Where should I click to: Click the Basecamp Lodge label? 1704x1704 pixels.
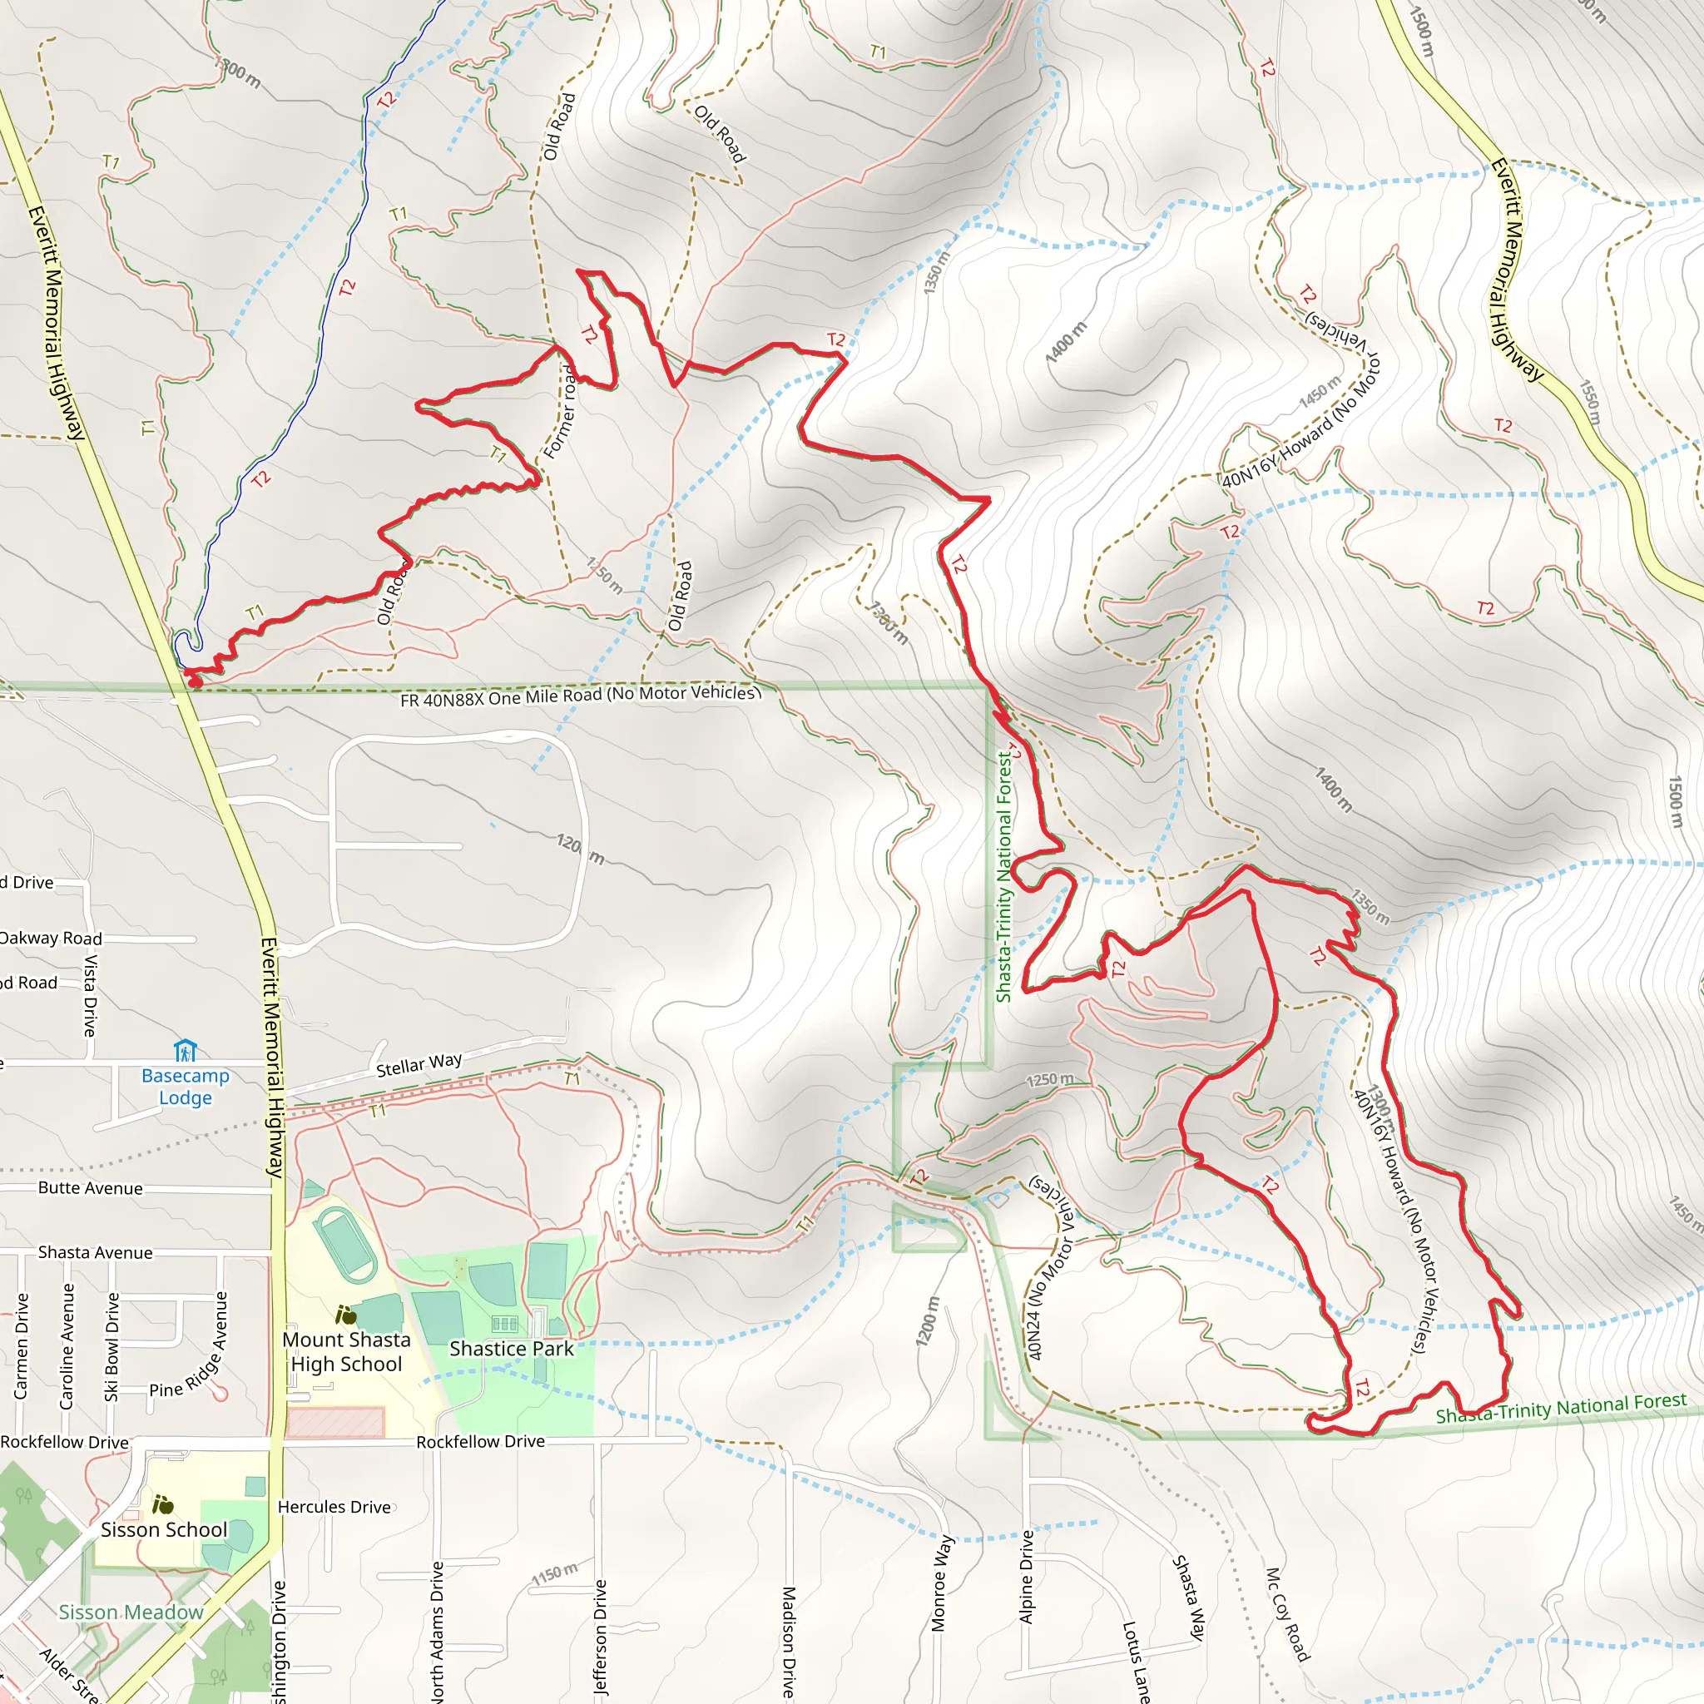(x=186, y=1087)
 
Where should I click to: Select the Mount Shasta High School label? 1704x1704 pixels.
(x=347, y=1351)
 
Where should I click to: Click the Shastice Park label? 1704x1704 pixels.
(x=512, y=1349)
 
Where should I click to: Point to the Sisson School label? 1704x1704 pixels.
(x=163, y=1529)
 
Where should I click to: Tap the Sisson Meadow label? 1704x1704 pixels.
(x=131, y=1612)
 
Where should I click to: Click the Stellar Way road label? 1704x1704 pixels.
(x=419, y=1064)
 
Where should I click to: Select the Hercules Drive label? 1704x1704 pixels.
(x=334, y=1507)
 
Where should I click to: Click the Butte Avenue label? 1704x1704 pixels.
(x=90, y=1188)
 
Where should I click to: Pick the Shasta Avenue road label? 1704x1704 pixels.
(x=95, y=1252)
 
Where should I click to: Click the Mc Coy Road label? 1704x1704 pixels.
(x=1287, y=1613)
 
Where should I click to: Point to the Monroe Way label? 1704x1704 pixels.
(x=942, y=1583)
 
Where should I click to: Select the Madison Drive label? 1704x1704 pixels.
(x=789, y=1641)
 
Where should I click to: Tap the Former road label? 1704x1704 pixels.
(x=561, y=411)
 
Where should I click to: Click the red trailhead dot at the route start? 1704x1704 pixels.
(x=195, y=681)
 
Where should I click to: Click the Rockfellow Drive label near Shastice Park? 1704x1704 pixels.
(x=481, y=1441)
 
